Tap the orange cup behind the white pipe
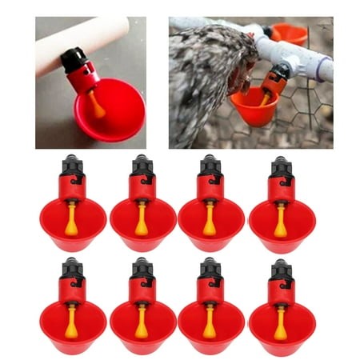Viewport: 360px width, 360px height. (x=290, y=34)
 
